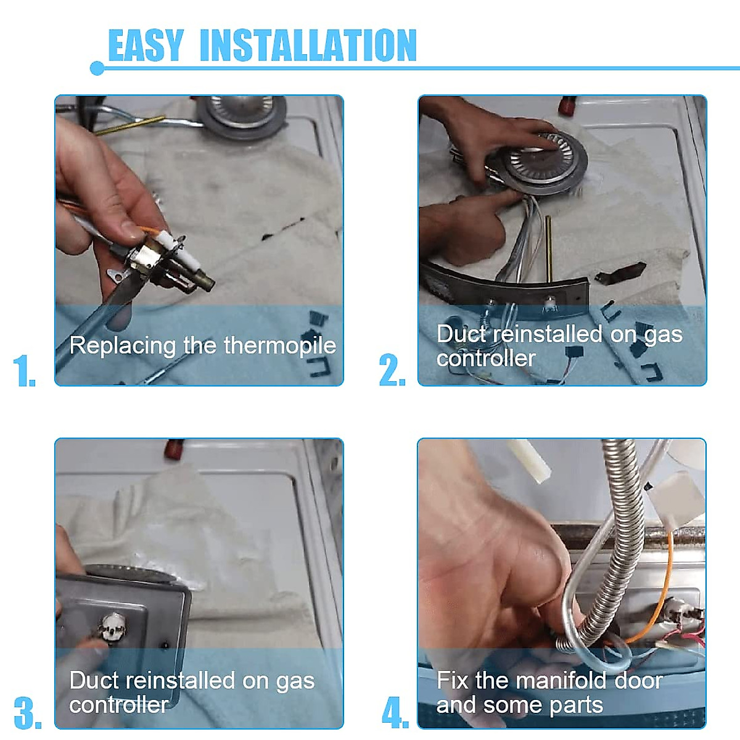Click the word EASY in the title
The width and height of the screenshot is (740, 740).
(146, 45)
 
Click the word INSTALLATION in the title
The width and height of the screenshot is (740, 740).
(308, 45)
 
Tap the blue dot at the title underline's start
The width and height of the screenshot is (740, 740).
(97, 68)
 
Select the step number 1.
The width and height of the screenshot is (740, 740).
(24, 370)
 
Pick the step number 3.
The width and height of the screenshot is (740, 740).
(28, 713)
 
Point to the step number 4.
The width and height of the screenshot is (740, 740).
(395, 713)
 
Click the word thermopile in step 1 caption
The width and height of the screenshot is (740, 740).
(280, 345)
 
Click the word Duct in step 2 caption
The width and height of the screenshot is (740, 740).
(462, 334)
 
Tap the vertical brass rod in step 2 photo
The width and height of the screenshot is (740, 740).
(549, 249)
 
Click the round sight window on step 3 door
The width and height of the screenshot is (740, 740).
(113, 628)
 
